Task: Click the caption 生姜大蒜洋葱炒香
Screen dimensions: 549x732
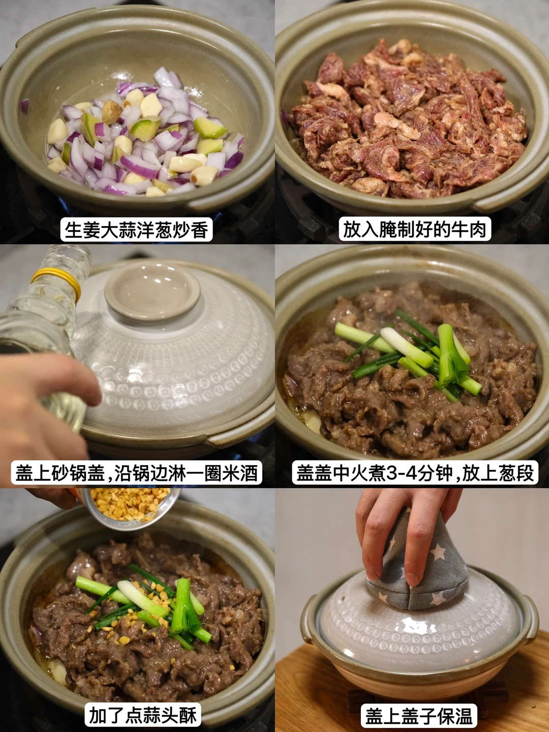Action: [x=136, y=229]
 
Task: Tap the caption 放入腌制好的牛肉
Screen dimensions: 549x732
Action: [x=415, y=229]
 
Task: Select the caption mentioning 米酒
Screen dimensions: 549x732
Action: [x=136, y=472]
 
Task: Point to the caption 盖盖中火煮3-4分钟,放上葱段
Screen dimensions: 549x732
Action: [x=415, y=472]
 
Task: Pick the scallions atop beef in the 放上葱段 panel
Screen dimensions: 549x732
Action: [x=412, y=353]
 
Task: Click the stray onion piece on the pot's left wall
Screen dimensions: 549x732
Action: [x=24, y=106]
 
